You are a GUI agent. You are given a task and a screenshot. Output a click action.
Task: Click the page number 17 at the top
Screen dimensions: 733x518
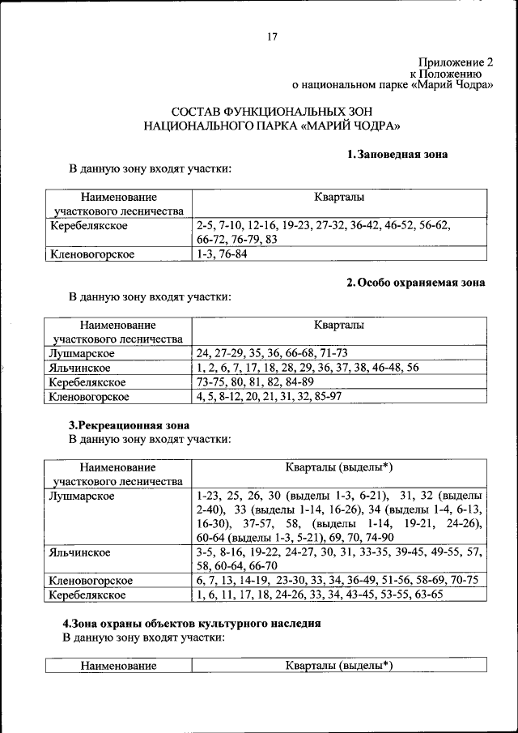(x=272, y=36)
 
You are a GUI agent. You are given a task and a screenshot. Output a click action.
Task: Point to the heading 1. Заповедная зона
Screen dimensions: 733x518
(x=397, y=154)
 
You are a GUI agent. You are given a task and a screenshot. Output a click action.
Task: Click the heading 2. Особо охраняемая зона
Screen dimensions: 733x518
(x=415, y=283)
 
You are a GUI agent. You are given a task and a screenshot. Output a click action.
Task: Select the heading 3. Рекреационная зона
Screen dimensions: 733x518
(x=129, y=424)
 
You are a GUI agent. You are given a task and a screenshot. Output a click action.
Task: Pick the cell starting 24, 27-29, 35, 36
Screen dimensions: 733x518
(x=271, y=353)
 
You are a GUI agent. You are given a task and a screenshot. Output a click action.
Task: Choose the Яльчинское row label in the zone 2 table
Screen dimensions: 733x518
(x=80, y=368)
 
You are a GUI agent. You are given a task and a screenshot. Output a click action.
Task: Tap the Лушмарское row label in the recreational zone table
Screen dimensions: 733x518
(x=82, y=494)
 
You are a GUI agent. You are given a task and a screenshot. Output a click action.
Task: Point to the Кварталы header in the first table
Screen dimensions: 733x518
(x=339, y=197)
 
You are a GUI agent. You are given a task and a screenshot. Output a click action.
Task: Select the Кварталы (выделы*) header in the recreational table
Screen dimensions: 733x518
(x=339, y=467)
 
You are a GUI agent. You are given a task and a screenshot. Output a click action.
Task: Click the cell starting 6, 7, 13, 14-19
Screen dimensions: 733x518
(x=337, y=580)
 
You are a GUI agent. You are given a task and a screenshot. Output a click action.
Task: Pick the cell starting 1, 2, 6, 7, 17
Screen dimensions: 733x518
(x=307, y=368)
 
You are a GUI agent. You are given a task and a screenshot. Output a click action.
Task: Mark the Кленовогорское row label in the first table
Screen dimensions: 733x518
(x=91, y=254)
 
